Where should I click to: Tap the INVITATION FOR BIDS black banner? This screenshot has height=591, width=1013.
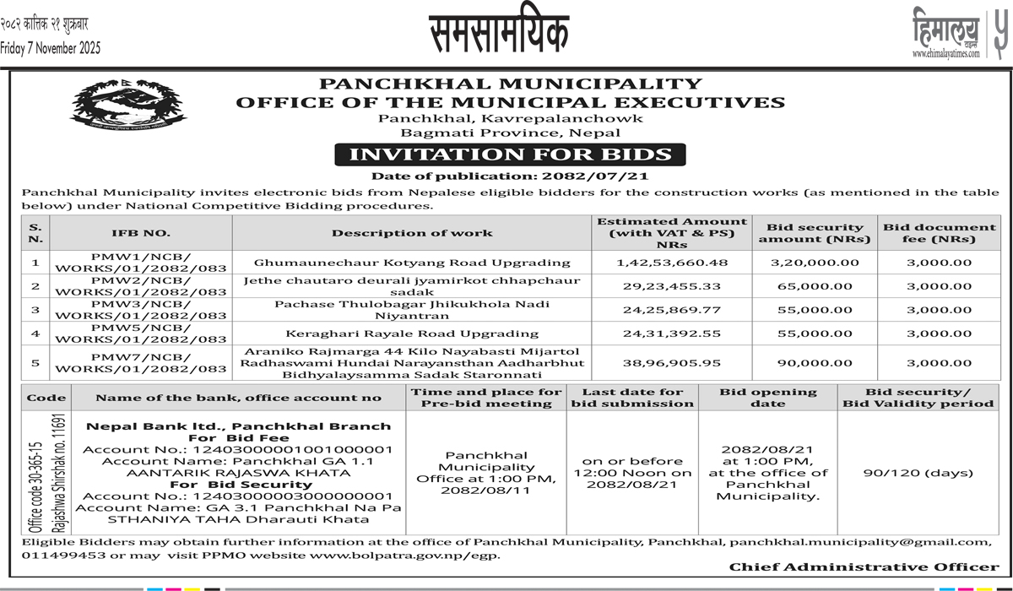[x=510, y=155]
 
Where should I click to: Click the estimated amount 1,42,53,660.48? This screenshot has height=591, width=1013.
[x=672, y=263]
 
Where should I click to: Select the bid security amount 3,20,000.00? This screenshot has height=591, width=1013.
[x=815, y=263]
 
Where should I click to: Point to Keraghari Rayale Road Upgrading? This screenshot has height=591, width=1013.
[x=412, y=333]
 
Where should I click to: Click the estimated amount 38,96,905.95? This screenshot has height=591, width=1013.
[x=672, y=363]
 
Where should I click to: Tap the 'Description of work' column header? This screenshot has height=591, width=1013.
[x=412, y=233]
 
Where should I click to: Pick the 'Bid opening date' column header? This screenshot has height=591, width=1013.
[x=768, y=398]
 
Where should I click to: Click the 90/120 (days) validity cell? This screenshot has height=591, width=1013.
[x=917, y=474]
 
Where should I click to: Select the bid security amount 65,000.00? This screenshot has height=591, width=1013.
[x=815, y=287]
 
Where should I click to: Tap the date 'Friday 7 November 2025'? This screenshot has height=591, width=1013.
[x=51, y=48]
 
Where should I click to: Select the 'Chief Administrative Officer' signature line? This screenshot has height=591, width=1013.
[x=864, y=567]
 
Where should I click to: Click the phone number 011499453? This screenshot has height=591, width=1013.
[x=58, y=555]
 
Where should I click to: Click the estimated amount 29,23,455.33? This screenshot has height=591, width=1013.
[x=672, y=287]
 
